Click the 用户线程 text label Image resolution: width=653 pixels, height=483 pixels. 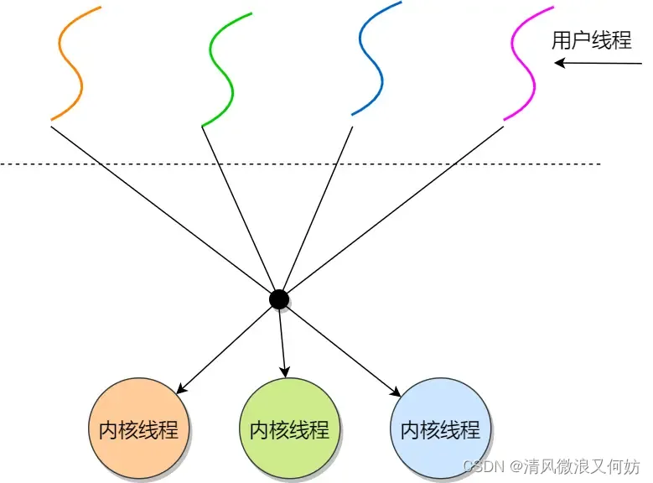click(x=591, y=40)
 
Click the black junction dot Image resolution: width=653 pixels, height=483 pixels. click(x=279, y=299)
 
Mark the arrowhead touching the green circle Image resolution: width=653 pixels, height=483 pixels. click(x=286, y=372)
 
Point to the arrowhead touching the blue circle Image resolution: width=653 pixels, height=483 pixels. click(x=396, y=390)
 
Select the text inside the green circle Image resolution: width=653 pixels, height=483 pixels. click(x=289, y=430)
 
